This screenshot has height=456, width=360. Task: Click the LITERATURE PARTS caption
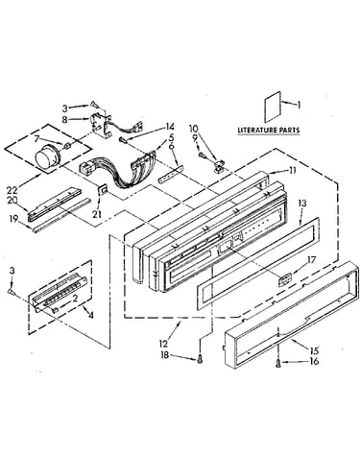(x=269, y=130)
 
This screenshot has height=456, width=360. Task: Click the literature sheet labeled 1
(x=273, y=107)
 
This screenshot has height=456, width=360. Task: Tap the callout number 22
(x=12, y=190)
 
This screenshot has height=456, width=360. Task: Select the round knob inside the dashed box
(x=47, y=156)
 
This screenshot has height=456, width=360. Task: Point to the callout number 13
(x=302, y=204)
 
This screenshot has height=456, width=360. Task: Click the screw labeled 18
(x=200, y=360)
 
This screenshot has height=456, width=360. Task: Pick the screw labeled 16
(x=278, y=363)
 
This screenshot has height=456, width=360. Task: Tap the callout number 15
(x=314, y=351)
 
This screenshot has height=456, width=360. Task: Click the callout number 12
(x=163, y=344)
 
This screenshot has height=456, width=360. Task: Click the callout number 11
(x=292, y=171)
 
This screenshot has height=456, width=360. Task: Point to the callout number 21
(x=97, y=214)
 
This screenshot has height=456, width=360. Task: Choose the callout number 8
(x=64, y=120)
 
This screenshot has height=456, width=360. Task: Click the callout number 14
(x=170, y=126)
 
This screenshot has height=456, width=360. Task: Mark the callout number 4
(x=90, y=315)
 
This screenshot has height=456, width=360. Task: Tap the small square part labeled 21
(x=103, y=191)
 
